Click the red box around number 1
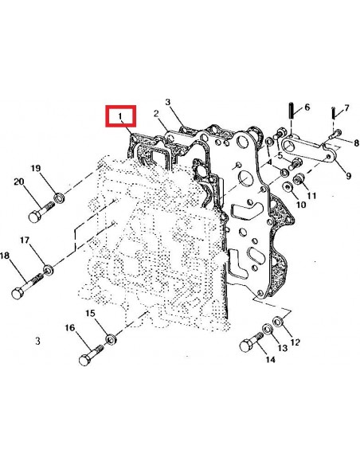pyautogui.click(x=123, y=119)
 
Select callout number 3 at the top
pyautogui.click(x=168, y=102)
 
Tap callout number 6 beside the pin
pyautogui.click(x=307, y=107)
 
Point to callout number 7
pyautogui.click(x=346, y=107)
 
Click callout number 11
pyautogui.click(x=311, y=196)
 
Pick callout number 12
pyautogui.click(x=295, y=343)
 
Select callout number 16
pyautogui.click(x=69, y=329)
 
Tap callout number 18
pyautogui.click(x=5, y=256)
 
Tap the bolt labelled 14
pyautogui.click(x=248, y=345)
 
